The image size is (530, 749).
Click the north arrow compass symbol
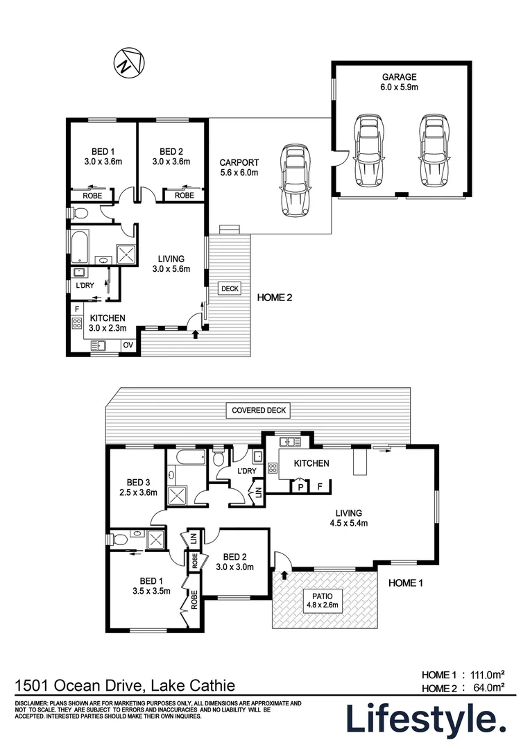tap(128, 64)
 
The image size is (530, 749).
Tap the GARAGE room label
tap(400, 82)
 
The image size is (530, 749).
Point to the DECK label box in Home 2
tap(229, 288)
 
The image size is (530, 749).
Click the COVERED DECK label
tap(258, 410)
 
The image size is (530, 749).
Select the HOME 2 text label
tap(275, 298)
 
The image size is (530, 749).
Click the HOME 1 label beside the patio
tap(405, 583)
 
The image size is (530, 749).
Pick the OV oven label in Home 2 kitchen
tap(128, 345)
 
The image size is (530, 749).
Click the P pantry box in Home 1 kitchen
tap(300, 486)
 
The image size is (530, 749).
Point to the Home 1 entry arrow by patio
tap(283, 575)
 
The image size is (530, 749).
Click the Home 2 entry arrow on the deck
tap(195, 335)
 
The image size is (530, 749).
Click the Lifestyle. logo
tap(425, 719)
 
